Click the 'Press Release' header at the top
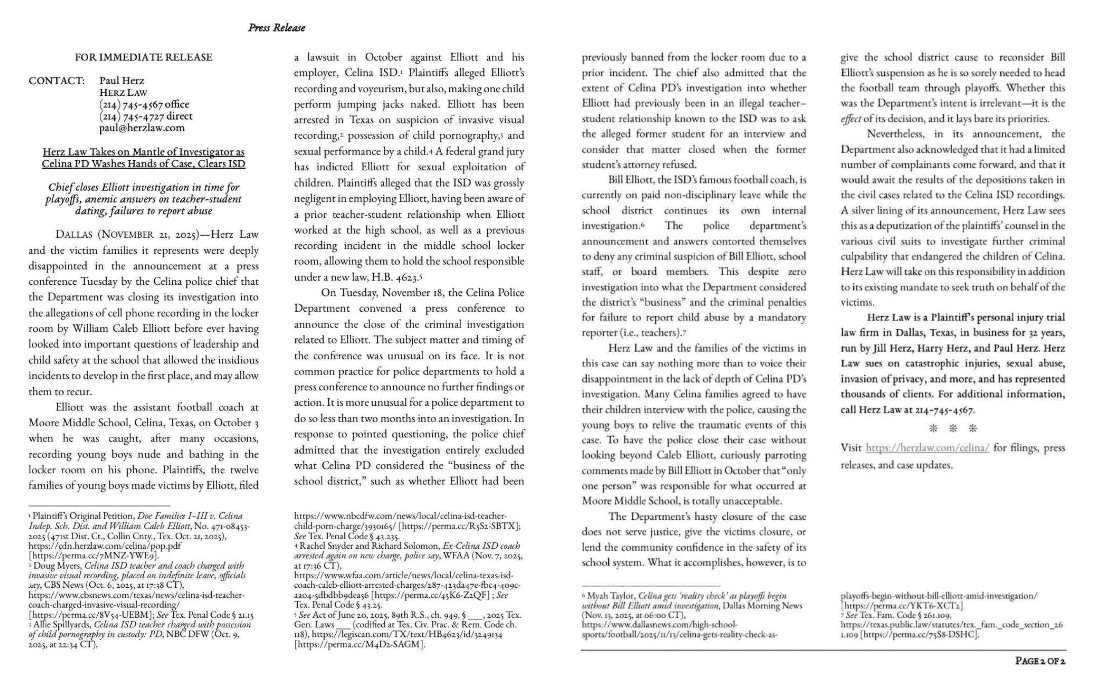coord(276,28)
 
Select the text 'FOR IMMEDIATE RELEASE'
coord(143,57)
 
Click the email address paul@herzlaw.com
coord(142,128)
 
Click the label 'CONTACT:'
coord(57,81)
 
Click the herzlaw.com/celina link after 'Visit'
coord(927,448)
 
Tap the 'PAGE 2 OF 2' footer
coord(1040,661)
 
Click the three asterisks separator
coord(952,429)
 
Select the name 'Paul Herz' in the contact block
coord(122,81)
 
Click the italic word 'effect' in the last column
coord(851,119)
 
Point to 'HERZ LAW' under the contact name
coord(123,93)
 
